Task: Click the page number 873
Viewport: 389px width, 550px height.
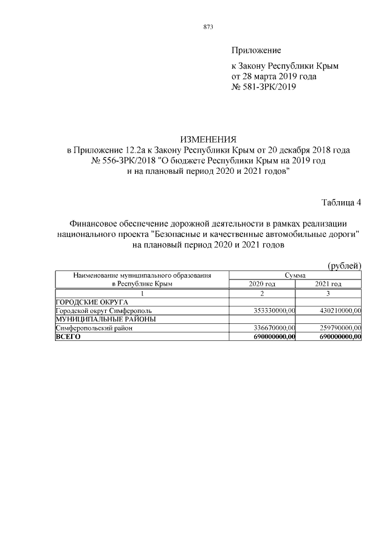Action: [207, 27]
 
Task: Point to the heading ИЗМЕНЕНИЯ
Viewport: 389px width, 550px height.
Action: [208, 140]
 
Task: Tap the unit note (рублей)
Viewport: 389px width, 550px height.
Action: [344, 266]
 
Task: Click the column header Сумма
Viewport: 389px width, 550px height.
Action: [295, 275]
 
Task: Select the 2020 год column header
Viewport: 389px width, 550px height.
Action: [262, 284]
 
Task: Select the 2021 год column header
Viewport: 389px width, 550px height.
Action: [328, 284]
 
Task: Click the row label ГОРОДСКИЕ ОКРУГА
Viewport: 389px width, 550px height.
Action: [92, 302]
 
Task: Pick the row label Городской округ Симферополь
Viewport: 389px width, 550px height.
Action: [99, 311]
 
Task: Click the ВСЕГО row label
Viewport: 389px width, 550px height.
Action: [68, 336]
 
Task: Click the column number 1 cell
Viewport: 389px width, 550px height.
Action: [142, 293]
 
